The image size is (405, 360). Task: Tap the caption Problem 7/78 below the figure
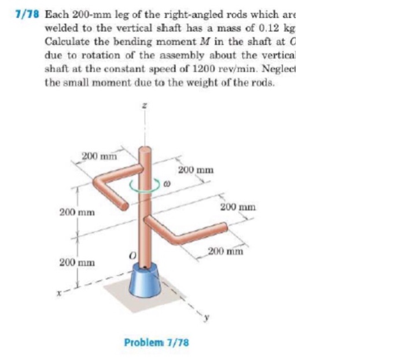(x=156, y=342)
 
